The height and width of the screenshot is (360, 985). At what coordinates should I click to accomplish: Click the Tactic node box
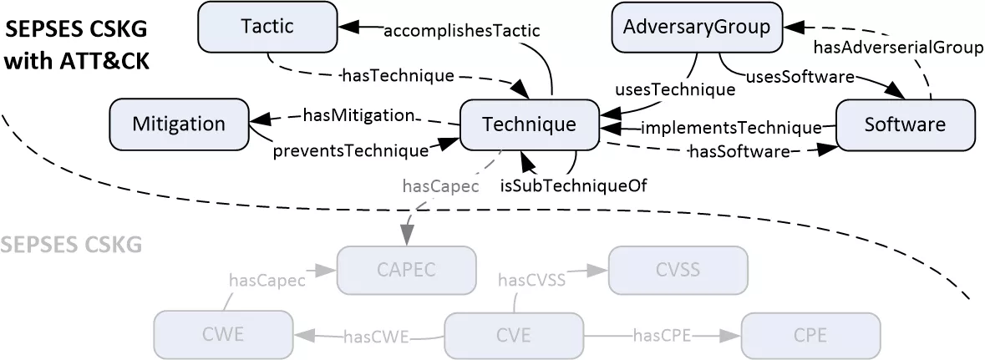pos(267,27)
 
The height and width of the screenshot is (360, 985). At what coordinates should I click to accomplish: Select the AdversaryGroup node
pos(697,27)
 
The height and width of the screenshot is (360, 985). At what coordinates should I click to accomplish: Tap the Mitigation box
pos(179,124)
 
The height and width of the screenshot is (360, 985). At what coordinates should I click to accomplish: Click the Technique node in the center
pos(529,124)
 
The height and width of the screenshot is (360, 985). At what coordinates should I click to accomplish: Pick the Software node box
pos(905,124)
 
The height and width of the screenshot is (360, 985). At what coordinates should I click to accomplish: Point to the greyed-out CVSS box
pos(678,270)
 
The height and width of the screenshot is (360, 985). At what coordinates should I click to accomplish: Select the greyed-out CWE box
pos(223,336)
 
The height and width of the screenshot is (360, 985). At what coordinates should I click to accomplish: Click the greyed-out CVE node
pos(513,336)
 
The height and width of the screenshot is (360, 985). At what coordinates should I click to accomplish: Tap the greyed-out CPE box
pos(810,336)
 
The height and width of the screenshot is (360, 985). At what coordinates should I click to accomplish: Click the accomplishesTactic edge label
pos(461,30)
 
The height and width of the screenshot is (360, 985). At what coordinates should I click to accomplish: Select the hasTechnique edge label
pos(398,75)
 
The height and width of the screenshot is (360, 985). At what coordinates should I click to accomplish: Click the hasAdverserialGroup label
pos(897,48)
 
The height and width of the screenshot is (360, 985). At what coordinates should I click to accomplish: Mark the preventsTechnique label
pos(350,150)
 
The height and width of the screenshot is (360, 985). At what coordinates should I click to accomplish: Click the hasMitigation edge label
pos(358,114)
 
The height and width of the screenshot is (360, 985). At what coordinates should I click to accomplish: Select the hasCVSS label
pos(532,280)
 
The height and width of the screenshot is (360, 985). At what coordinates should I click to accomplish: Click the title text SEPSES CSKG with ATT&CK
pos(77,46)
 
